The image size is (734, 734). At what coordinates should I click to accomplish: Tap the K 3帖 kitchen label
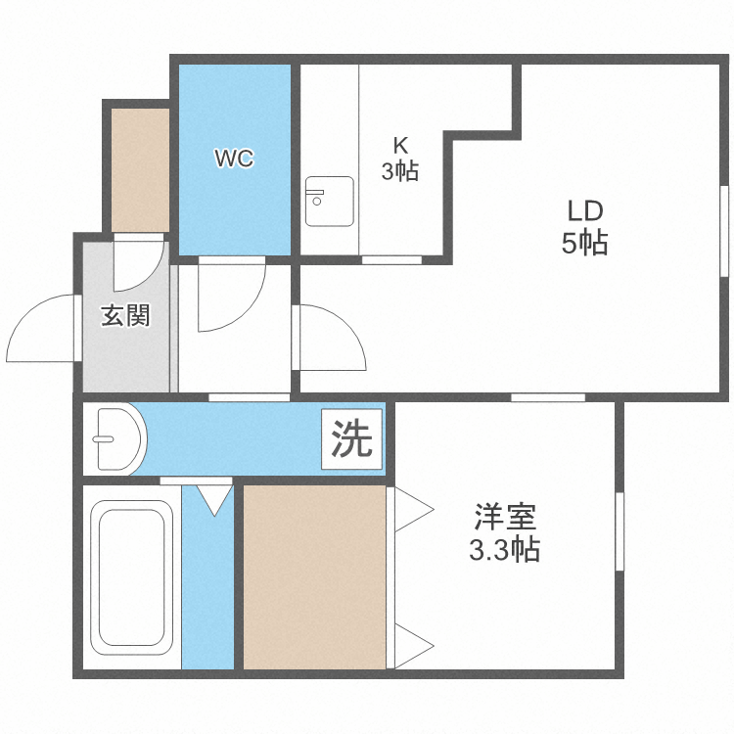coord(400,160)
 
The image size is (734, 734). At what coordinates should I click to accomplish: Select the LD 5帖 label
coord(585,227)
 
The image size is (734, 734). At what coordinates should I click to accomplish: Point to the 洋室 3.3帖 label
coord(504,532)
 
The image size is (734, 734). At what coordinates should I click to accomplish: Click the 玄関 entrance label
coord(126,316)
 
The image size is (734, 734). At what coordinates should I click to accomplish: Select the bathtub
coord(129,577)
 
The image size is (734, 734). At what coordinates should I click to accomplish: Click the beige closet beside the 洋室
coord(314,577)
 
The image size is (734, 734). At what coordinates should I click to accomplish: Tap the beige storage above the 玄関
coord(140,169)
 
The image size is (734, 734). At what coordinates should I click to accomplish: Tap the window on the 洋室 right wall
coord(619,531)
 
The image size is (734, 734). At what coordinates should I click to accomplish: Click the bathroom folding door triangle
coord(215,499)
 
